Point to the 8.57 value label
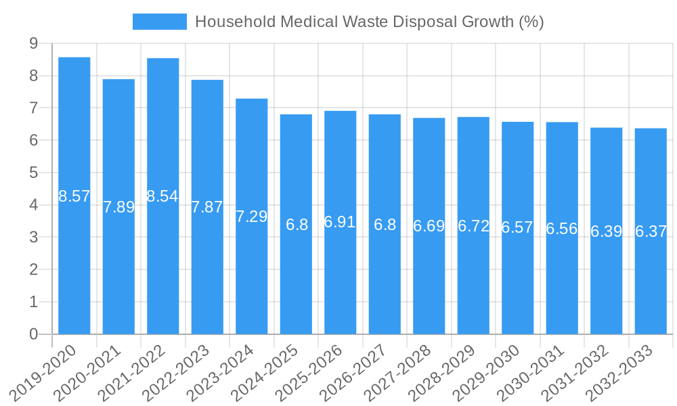pyautogui.click(x=74, y=196)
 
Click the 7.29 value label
pyautogui.click(x=252, y=217)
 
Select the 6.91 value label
pyautogui.click(x=340, y=222)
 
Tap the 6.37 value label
pyautogui.click(x=651, y=231)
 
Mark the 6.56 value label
pyautogui.click(x=562, y=229)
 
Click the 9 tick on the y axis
pyautogui.click(x=33, y=44)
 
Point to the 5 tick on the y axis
pyautogui.click(x=33, y=173)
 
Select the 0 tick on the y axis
pyautogui.click(x=33, y=334)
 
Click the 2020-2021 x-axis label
pyautogui.click(x=88, y=372)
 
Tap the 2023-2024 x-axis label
pyautogui.click(x=221, y=372)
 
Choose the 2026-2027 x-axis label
pyautogui.click(x=354, y=372)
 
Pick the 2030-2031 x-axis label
pyautogui.click(x=531, y=372)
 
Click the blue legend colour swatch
pyautogui.click(x=160, y=22)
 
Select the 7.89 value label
pyautogui.click(x=119, y=207)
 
